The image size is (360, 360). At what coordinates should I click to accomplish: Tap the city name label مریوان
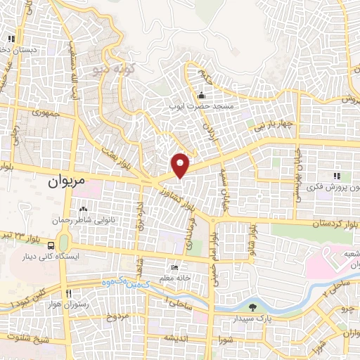(x=67, y=181)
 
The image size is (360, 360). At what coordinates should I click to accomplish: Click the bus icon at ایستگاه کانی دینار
(x=51, y=245)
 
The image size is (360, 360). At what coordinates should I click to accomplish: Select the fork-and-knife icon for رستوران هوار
(x=69, y=293)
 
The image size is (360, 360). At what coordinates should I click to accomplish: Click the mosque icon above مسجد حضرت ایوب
(x=202, y=96)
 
